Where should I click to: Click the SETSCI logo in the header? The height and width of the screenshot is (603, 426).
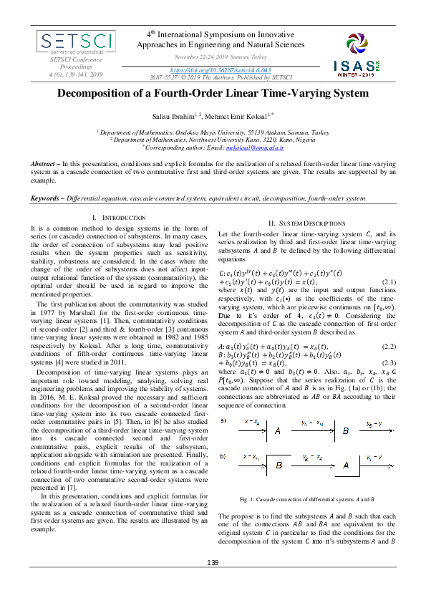click(69, 44)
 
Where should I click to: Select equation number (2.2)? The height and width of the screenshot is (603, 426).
click(387, 345)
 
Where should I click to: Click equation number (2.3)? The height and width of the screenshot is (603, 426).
click(387, 363)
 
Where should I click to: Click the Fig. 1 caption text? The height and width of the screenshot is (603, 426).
click(307, 498)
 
